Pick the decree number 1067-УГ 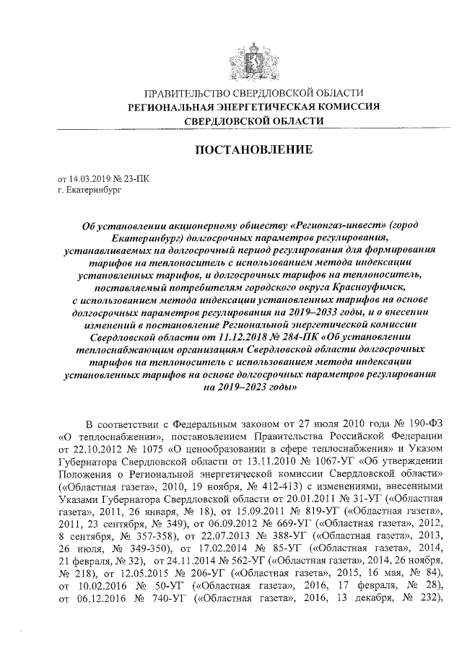pyautogui.click(x=308, y=462)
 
